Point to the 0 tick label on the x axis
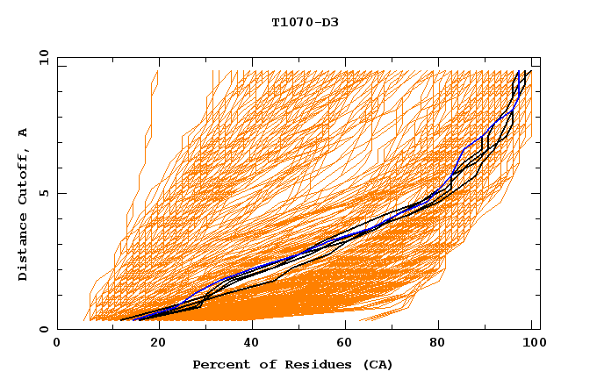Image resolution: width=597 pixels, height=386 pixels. pyautogui.click(x=57, y=343)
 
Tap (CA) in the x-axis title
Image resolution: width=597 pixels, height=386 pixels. pyautogui.click(x=378, y=365)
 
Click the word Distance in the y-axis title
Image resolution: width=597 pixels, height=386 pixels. pyautogui.click(x=24, y=247)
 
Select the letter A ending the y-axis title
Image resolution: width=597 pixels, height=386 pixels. pyautogui.click(x=24, y=132)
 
